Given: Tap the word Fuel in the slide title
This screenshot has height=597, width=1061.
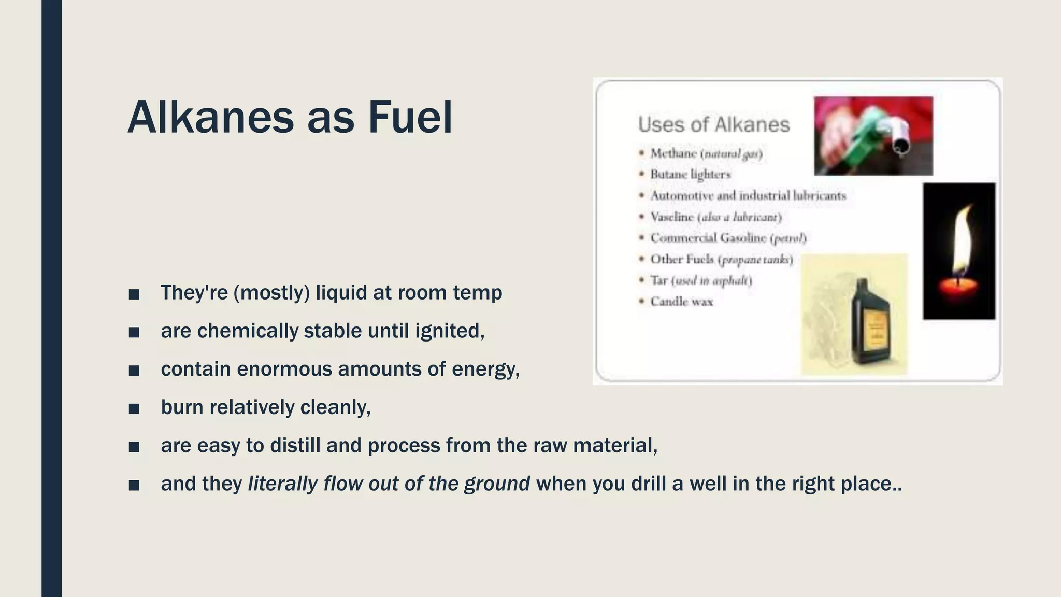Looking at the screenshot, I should pos(410,118).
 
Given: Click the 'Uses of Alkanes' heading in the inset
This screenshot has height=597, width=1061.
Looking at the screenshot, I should pos(713,125).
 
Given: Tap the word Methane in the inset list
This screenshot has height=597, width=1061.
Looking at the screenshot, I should pos(673,153).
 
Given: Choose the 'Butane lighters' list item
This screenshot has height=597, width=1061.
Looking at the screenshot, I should pos(690,175).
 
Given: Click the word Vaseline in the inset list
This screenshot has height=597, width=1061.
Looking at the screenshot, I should pos(672,217).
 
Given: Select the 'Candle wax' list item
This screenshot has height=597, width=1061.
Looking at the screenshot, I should pos(681,302).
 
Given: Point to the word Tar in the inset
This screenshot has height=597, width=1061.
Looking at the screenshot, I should pos(659,280).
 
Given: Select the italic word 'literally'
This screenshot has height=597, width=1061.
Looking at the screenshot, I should pos(282,484).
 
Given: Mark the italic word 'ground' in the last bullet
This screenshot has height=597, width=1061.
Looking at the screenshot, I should pos(497,484).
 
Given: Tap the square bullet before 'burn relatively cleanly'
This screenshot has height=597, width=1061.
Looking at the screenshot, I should pos(134,409).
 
